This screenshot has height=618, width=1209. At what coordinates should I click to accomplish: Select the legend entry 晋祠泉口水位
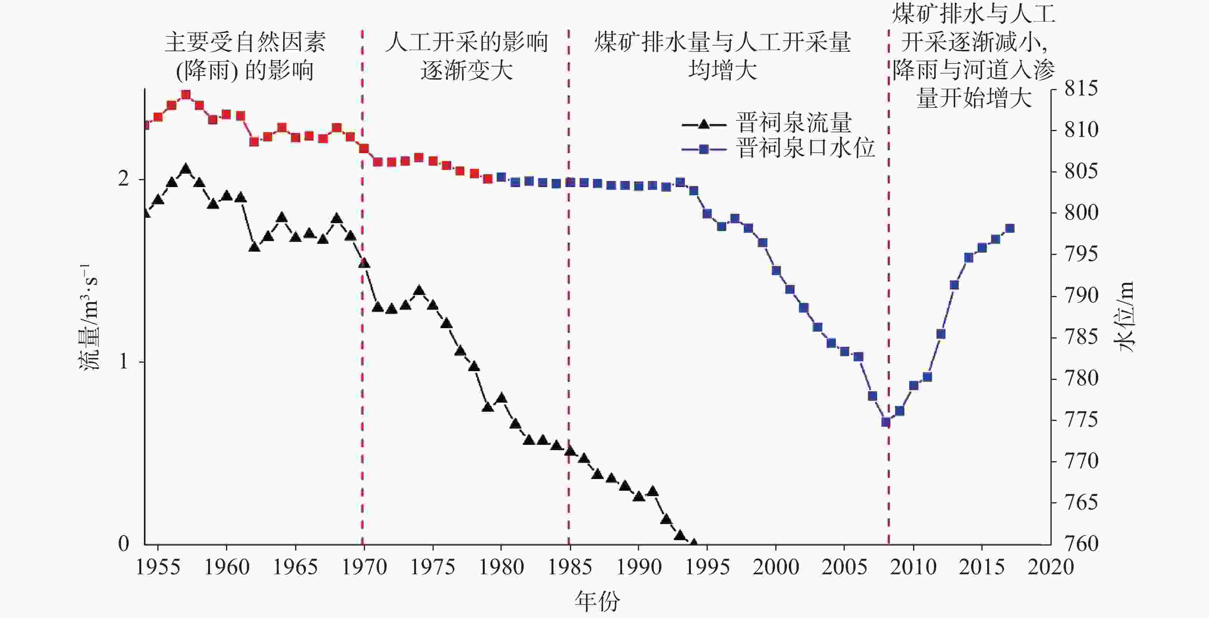805,149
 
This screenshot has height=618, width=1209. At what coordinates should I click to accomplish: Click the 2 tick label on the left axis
124,179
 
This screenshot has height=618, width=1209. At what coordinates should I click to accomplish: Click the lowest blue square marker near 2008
885,422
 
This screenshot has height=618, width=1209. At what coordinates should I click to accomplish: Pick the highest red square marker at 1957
186,95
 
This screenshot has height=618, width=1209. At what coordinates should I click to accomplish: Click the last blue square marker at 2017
1011,228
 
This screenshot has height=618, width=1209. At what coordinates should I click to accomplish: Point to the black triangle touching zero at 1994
694,542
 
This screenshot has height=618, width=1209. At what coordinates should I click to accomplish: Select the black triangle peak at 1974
419,291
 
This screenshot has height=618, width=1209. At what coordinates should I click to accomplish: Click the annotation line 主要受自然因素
245,43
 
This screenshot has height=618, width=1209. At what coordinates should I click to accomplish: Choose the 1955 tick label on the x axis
158,568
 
